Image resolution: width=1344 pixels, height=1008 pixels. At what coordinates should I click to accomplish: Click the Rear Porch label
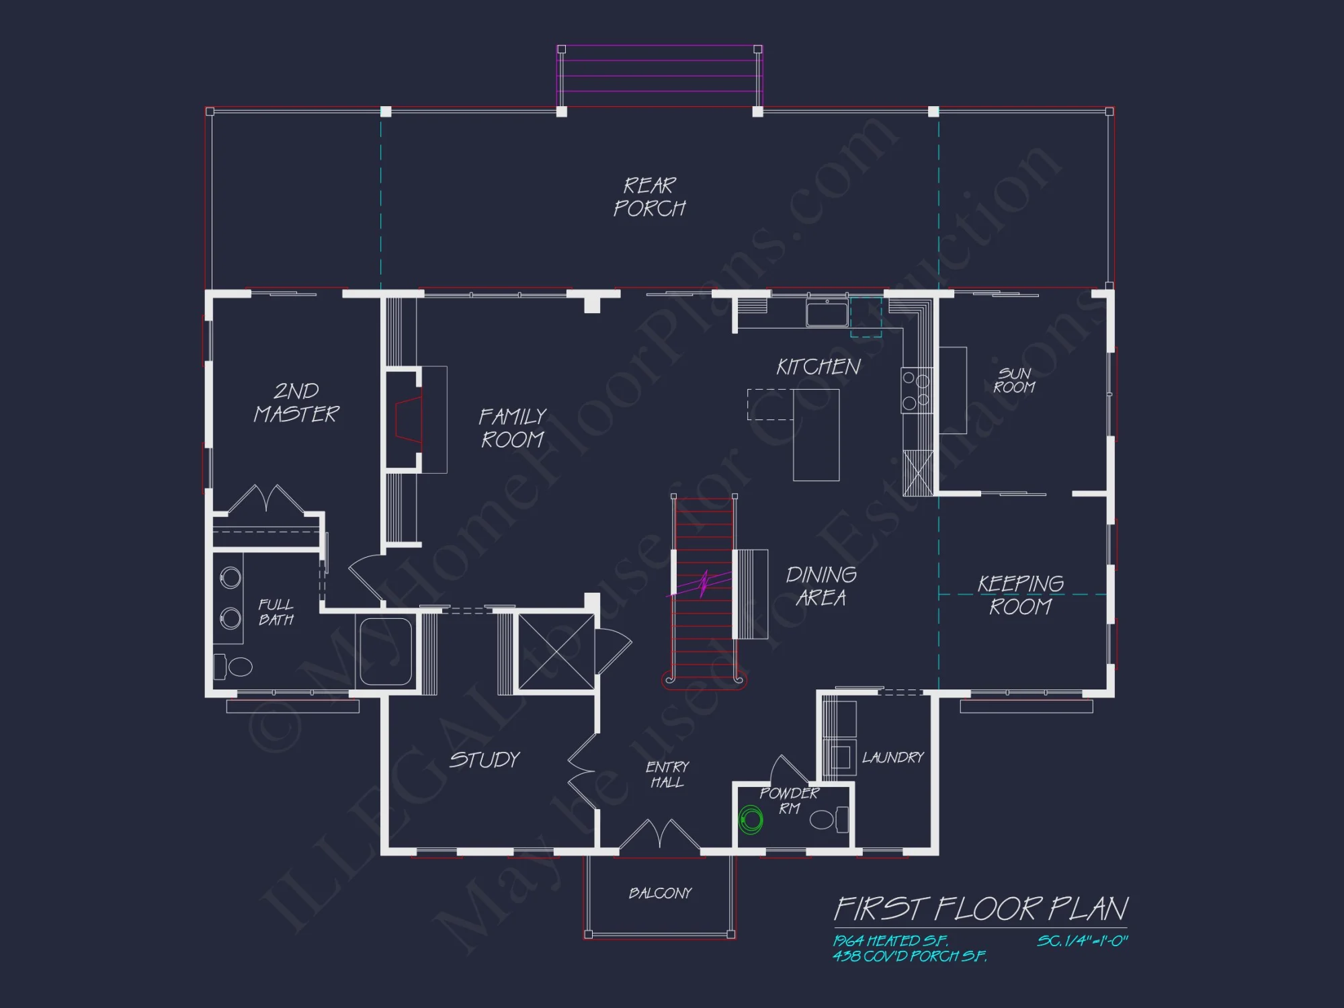[x=649, y=197]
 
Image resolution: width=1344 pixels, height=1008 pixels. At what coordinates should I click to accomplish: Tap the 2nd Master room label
[x=296, y=403]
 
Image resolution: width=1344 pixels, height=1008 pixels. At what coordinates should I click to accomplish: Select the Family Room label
[x=512, y=428]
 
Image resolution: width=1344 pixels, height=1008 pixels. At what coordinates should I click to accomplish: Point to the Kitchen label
[x=818, y=367]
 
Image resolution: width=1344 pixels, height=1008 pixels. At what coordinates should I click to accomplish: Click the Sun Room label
[x=1014, y=380]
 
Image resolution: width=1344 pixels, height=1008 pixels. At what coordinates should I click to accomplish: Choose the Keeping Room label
[x=1020, y=595]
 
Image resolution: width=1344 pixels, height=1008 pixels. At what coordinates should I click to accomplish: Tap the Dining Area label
[x=821, y=586]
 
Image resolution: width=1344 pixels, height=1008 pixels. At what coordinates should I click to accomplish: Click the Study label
[x=485, y=760]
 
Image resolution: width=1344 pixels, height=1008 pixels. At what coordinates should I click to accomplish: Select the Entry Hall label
[x=667, y=774]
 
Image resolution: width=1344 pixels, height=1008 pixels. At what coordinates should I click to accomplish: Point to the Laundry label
[x=893, y=757]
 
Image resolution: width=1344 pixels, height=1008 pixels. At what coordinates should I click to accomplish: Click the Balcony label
[x=660, y=893]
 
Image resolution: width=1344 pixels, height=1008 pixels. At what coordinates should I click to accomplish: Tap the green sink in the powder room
[x=751, y=820]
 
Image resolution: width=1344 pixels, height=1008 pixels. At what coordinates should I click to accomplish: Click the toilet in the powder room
[x=828, y=820]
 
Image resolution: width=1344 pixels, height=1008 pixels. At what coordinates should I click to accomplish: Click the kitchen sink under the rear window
[x=827, y=313]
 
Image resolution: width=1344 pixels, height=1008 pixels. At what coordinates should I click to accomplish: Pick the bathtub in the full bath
[x=385, y=651]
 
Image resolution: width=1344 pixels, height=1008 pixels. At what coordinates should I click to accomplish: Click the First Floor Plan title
[x=980, y=909]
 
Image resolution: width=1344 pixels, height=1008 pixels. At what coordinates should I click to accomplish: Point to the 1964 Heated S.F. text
[x=890, y=941]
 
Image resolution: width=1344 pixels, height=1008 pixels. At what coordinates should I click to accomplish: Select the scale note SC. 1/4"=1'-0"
[x=1082, y=941]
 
